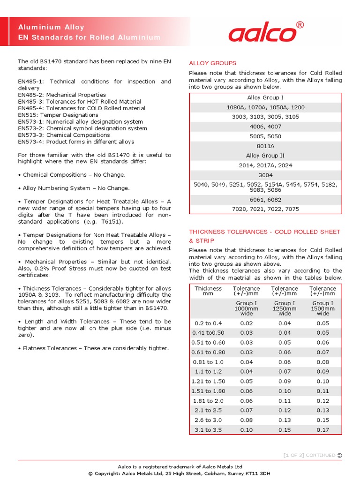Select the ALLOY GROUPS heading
(x=212, y=63)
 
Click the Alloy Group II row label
(x=265, y=156)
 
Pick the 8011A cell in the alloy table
(x=265, y=146)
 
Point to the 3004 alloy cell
(x=265, y=175)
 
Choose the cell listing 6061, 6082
(x=265, y=199)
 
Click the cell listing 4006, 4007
(x=265, y=127)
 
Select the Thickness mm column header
(x=208, y=291)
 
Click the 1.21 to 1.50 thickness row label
(x=208, y=382)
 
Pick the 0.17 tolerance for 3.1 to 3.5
(x=322, y=430)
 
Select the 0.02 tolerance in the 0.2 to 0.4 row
(x=246, y=323)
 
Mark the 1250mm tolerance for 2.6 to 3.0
(x=284, y=420)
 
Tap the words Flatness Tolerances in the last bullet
(x=49, y=348)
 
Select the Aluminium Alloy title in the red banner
(x=51, y=28)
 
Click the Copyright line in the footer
(x=180, y=473)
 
